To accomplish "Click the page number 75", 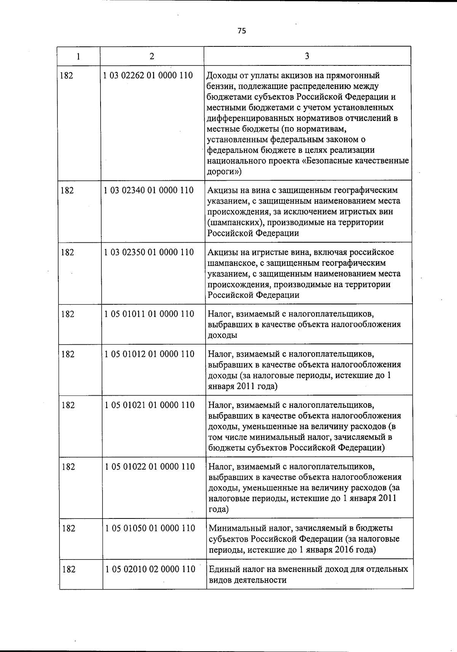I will coord(242,31).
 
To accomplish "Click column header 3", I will coord(307,56).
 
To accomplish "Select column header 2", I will coord(152,56).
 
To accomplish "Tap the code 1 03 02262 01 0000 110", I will coord(148,75).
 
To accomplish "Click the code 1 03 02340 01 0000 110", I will coord(149,190).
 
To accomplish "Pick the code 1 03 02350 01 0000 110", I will coord(149,252).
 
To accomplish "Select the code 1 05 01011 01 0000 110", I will coord(149,314).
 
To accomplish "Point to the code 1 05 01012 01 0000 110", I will coord(149,354).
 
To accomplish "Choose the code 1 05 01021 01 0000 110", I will coord(150,405).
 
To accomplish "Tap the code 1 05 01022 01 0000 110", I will coord(150,467).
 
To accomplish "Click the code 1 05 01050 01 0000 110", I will coord(150,528).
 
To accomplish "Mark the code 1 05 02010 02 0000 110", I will coord(150,569).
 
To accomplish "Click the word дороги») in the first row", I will coord(224,172).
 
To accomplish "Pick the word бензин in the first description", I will coord(221,86).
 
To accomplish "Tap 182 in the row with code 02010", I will coord(69,569).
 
